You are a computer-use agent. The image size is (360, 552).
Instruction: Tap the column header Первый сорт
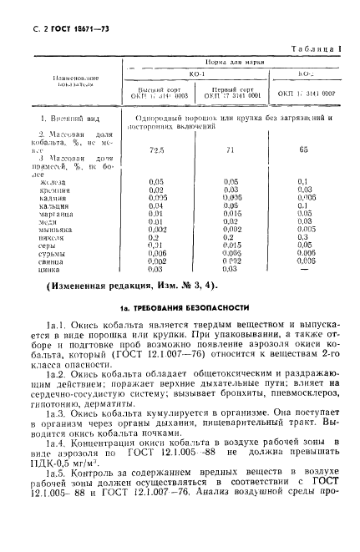(231, 87)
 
